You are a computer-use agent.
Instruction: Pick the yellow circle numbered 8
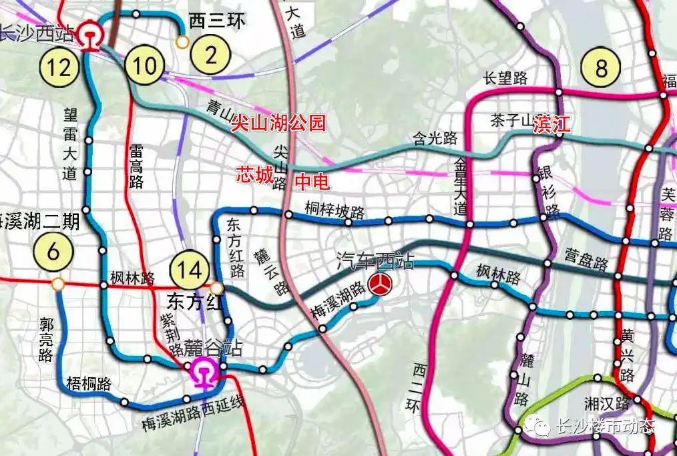coord(602,68)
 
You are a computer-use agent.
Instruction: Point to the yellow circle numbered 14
coord(188,270)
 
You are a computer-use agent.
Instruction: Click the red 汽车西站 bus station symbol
coord(381,284)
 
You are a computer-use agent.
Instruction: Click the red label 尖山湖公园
coord(278,124)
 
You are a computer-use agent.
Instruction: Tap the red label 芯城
coord(254,175)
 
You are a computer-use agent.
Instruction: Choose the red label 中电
coord(312,182)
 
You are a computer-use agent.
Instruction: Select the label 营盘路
coord(586,259)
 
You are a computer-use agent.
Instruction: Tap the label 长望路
coord(505,78)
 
